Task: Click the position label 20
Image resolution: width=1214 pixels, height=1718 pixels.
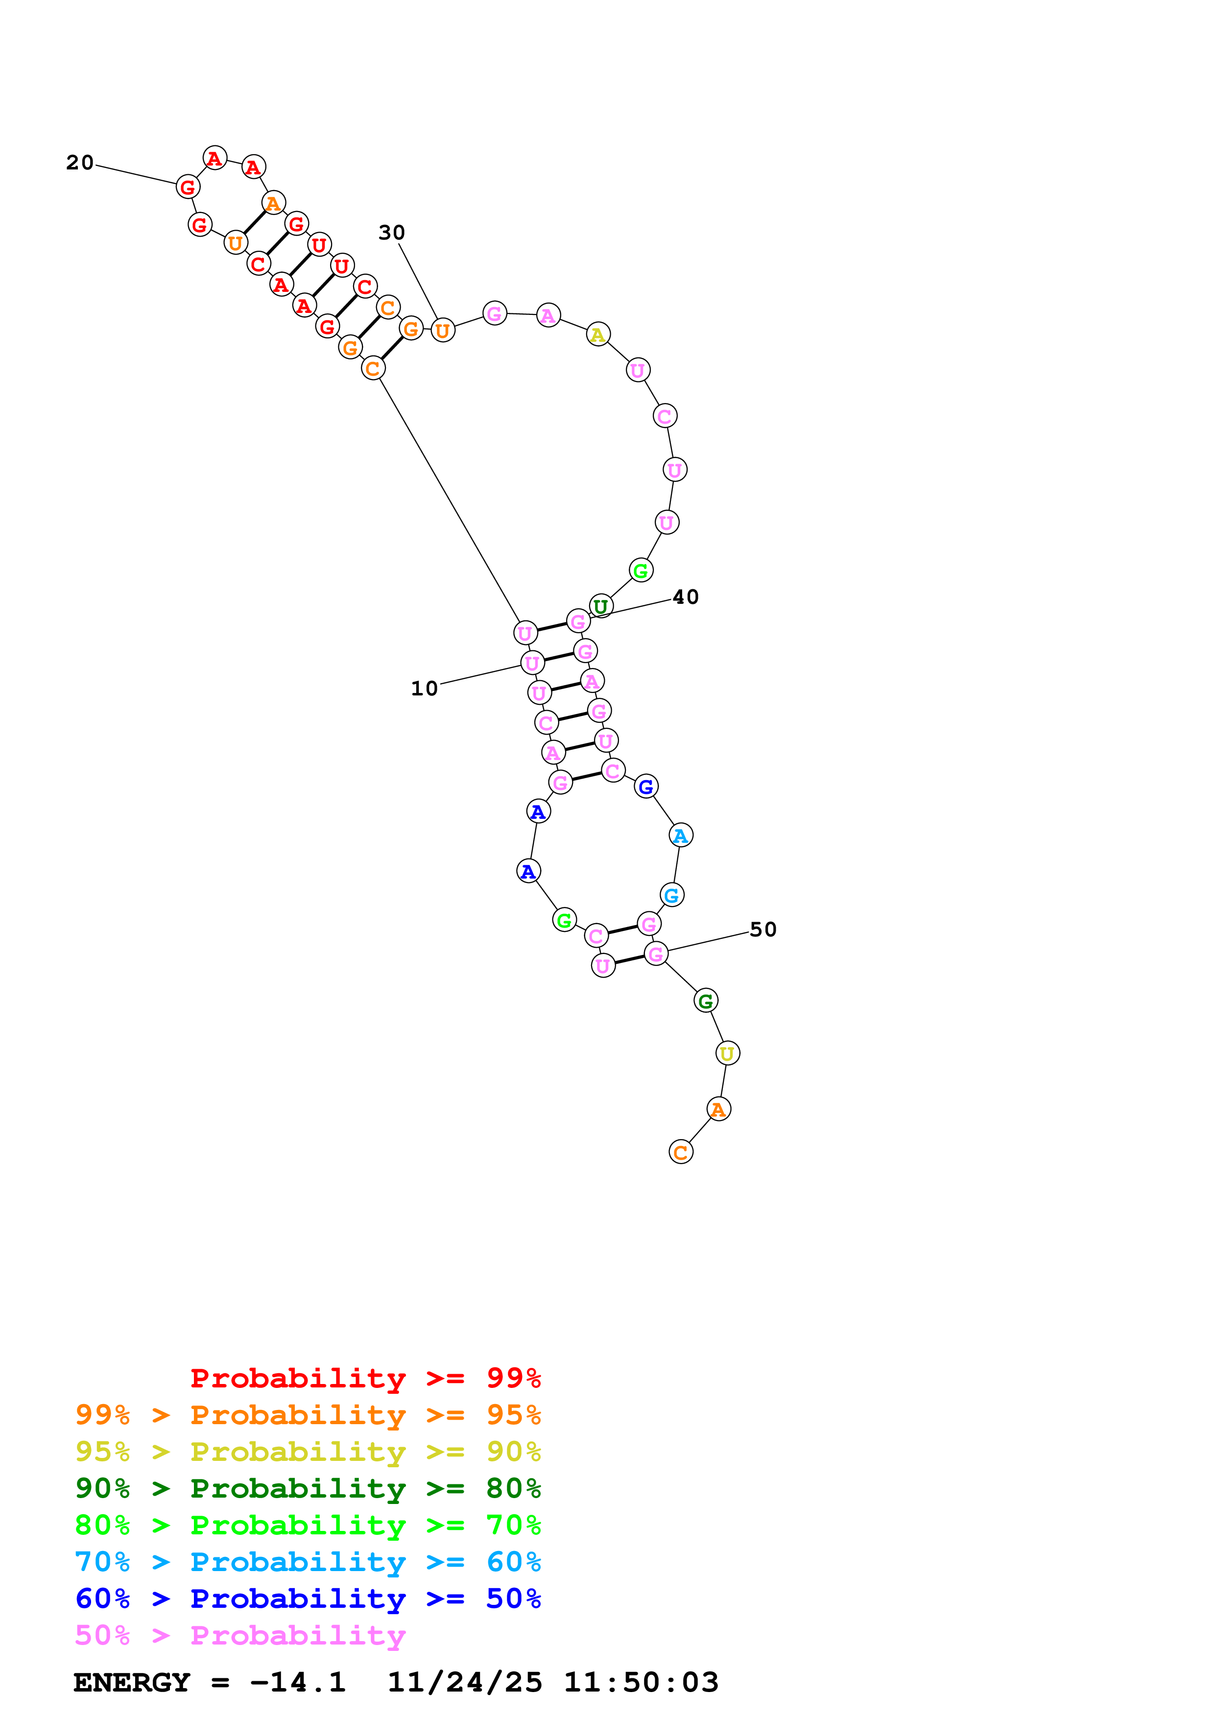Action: coord(80,163)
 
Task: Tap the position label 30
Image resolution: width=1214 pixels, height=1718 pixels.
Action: coord(391,233)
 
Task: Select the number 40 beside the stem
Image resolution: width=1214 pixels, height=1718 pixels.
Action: coord(685,597)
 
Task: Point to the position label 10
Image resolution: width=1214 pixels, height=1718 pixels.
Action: coord(424,689)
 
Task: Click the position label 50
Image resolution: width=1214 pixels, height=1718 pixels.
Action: coord(763,930)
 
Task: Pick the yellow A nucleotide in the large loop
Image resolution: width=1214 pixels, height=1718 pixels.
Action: coord(597,334)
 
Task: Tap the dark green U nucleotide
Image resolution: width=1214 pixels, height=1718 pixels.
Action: coord(601,606)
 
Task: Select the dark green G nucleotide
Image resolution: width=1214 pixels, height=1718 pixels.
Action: coord(705,1001)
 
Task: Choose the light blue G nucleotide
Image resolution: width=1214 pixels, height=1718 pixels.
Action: coord(672,895)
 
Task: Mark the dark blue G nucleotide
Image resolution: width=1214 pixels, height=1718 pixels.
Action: coord(645,787)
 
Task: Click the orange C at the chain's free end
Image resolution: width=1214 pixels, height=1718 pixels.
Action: coord(681,1152)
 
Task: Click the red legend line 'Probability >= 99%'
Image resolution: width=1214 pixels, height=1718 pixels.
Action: coord(365,1378)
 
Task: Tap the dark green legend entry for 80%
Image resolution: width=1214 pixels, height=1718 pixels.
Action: coord(308,1488)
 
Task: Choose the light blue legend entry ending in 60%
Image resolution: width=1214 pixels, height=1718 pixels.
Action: coord(308,1562)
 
